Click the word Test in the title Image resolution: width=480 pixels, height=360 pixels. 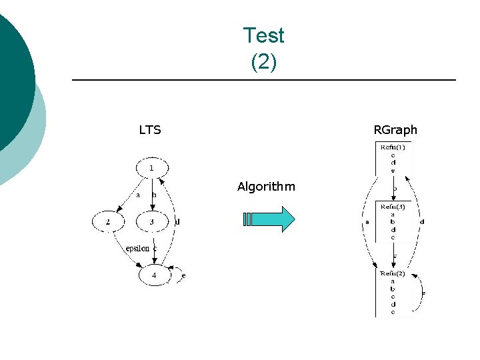coord(263,35)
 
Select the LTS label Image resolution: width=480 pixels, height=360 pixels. coord(150,130)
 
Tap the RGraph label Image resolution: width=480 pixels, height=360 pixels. coord(395,130)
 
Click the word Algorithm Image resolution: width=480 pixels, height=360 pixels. coord(266,187)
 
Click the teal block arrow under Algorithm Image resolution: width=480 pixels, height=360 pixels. coord(269,219)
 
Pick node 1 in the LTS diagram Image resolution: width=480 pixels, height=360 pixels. coord(151,168)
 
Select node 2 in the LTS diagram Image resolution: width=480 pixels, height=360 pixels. coord(109,221)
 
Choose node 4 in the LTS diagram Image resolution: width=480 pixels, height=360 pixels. coord(154,274)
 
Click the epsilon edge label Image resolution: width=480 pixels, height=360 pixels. coord(137,249)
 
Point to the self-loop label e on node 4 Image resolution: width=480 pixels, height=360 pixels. coord(183,275)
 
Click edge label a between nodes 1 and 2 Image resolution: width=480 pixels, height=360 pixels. coord(138,195)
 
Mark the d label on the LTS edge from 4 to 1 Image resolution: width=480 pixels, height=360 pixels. coord(177,221)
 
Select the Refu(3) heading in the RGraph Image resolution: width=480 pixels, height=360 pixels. coord(393,207)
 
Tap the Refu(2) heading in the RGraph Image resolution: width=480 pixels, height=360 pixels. coord(393,273)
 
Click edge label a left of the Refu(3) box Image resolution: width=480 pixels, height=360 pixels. coord(367,222)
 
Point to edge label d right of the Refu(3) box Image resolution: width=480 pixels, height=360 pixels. coord(423,222)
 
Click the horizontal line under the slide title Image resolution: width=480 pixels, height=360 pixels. coord(263,81)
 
